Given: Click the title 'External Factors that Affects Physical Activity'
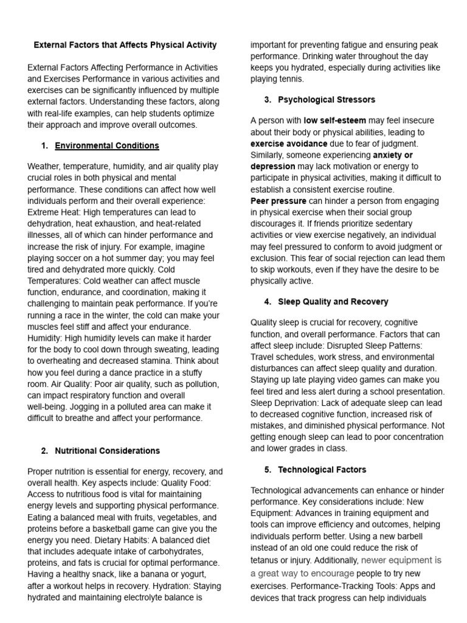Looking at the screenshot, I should [125, 45].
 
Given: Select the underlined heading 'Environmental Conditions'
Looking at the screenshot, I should [107, 145].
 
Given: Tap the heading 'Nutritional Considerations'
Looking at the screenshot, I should [108, 451].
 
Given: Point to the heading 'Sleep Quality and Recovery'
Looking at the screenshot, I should [333, 302].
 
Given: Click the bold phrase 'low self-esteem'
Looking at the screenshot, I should [334, 120].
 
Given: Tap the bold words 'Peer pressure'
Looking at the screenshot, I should [278, 200].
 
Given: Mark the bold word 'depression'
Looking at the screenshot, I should [273, 166].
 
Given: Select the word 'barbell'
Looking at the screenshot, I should [424, 536].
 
